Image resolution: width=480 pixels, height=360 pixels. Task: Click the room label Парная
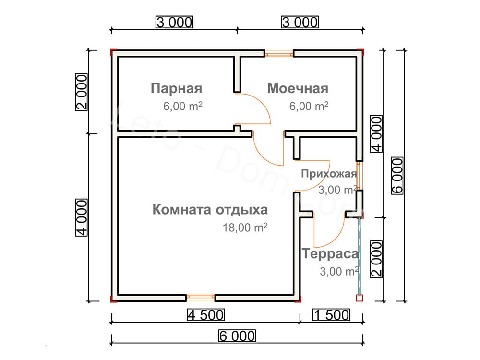click(x=176, y=88)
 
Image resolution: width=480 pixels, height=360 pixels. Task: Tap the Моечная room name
click(x=298, y=88)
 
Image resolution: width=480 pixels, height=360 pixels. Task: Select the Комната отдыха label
click(x=210, y=210)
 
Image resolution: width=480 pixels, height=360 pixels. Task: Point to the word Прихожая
click(x=329, y=174)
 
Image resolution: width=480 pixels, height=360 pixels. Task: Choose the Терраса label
click(x=330, y=254)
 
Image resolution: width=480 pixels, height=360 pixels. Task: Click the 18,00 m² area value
click(x=245, y=228)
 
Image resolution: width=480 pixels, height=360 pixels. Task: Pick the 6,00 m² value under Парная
click(x=183, y=106)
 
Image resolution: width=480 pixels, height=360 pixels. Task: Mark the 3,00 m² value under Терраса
click(x=339, y=271)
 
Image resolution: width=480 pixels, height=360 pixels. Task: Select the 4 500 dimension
click(x=206, y=315)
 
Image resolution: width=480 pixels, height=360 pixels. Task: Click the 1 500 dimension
click(x=331, y=315)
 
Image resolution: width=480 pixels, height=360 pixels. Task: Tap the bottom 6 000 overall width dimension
click(x=237, y=336)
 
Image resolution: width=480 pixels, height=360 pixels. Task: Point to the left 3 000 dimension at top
click(x=175, y=22)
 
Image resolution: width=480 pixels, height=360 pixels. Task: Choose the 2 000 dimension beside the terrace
click(x=376, y=259)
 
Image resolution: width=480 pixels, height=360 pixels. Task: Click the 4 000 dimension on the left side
click(x=82, y=217)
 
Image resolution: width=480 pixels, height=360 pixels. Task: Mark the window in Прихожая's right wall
click(x=359, y=176)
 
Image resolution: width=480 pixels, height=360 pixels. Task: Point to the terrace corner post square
click(x=360, y=298)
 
